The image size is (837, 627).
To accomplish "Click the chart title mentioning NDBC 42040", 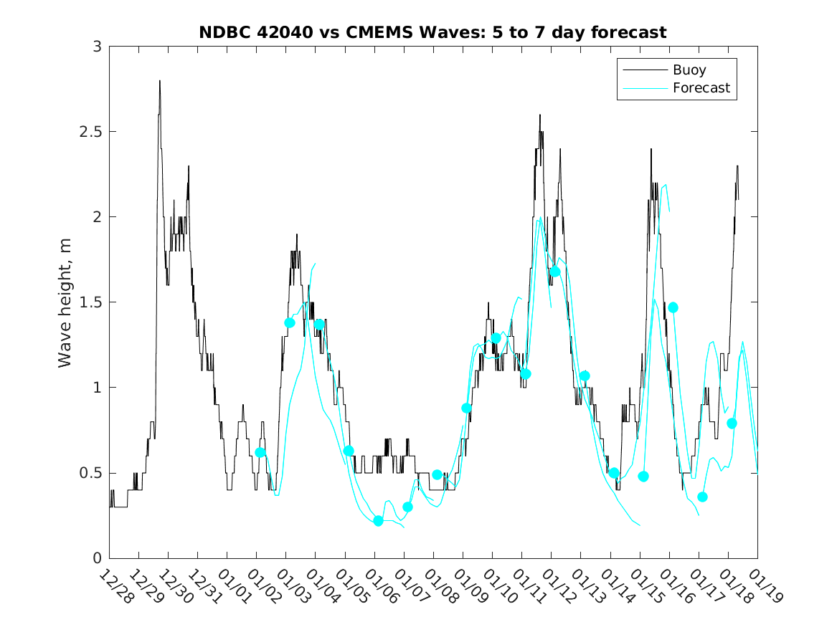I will (x=432, y=32).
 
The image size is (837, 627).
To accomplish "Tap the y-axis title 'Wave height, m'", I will (x=65, y=303).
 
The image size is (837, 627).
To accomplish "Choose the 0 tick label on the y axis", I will (x=96, y=559).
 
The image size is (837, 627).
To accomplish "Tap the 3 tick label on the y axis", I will (x=96, y=47).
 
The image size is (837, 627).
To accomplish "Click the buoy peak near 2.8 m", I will (x=159, y=81).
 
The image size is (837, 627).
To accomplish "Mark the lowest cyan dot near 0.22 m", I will (x=378, y=521).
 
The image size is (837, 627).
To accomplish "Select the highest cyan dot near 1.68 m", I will (x=555, y=272).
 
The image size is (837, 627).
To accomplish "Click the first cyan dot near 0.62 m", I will (x=260, y=452).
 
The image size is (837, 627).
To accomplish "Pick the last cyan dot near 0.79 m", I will (x=732, y=423).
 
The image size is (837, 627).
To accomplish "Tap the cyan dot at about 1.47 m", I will (x=673, y=307).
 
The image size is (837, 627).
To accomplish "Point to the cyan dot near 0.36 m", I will (x=702, y=497).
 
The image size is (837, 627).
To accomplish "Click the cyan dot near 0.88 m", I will (x=467, y=408).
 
